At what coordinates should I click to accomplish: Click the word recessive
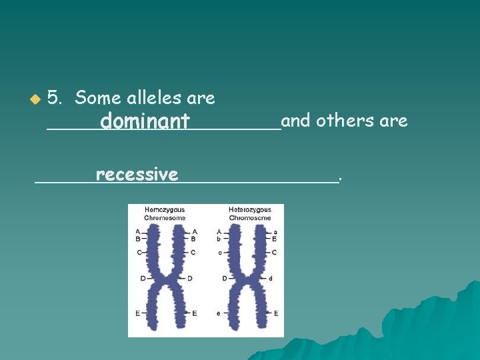coord(137,175)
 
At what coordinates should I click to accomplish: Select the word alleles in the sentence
coord(155,98)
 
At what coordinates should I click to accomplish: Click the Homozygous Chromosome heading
coord(165,213)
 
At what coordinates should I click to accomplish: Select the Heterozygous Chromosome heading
coord(249,213)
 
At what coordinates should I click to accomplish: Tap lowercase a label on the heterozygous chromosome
coord(275,230)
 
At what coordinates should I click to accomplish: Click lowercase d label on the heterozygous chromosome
coord(270,278)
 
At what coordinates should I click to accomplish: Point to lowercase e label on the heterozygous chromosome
coord(219,313)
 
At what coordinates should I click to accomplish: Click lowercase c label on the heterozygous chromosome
coord(219,252)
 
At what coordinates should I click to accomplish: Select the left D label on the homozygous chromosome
coord(142,278)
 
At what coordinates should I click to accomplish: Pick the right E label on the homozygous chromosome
coord(194,313)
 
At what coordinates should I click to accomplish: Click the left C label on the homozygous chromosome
coord(139,252)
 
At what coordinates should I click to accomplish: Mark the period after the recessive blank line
coord(341,178)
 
